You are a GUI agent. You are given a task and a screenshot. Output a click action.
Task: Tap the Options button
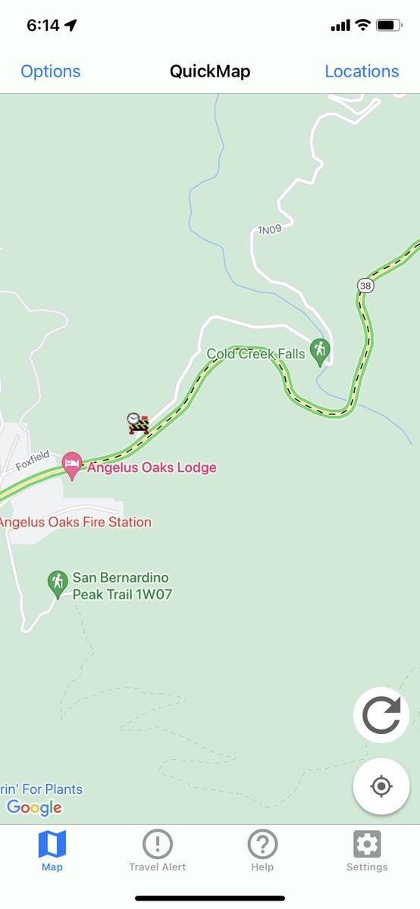[x=50, y=71]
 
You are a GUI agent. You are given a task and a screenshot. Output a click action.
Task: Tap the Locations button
[x=362, y=71]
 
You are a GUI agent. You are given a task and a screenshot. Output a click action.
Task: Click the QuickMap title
[x=210, y=71]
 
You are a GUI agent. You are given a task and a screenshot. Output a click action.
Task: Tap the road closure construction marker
[x=137, y=423]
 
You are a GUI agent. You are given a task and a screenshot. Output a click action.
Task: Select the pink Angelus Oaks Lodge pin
[x=72, y=464]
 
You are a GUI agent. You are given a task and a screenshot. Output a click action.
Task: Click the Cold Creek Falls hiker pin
[x=320, y=351]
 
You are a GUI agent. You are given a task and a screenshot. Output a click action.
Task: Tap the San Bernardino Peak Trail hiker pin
[x=58, y=583]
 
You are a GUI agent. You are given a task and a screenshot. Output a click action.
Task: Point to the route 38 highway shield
[x=366, y=285]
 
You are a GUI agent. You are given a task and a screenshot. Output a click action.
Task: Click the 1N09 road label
[x=269, y=230]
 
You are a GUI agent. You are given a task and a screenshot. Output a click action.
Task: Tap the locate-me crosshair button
[x=381, y=786]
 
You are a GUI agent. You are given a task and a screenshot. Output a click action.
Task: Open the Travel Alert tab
[x=157, y=850]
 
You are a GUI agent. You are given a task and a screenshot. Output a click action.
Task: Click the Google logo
[x=34, y=807]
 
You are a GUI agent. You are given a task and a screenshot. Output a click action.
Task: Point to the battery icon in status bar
[x=388, y=25]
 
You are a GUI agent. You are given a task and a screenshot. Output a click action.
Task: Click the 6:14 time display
[x=42, y=25]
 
